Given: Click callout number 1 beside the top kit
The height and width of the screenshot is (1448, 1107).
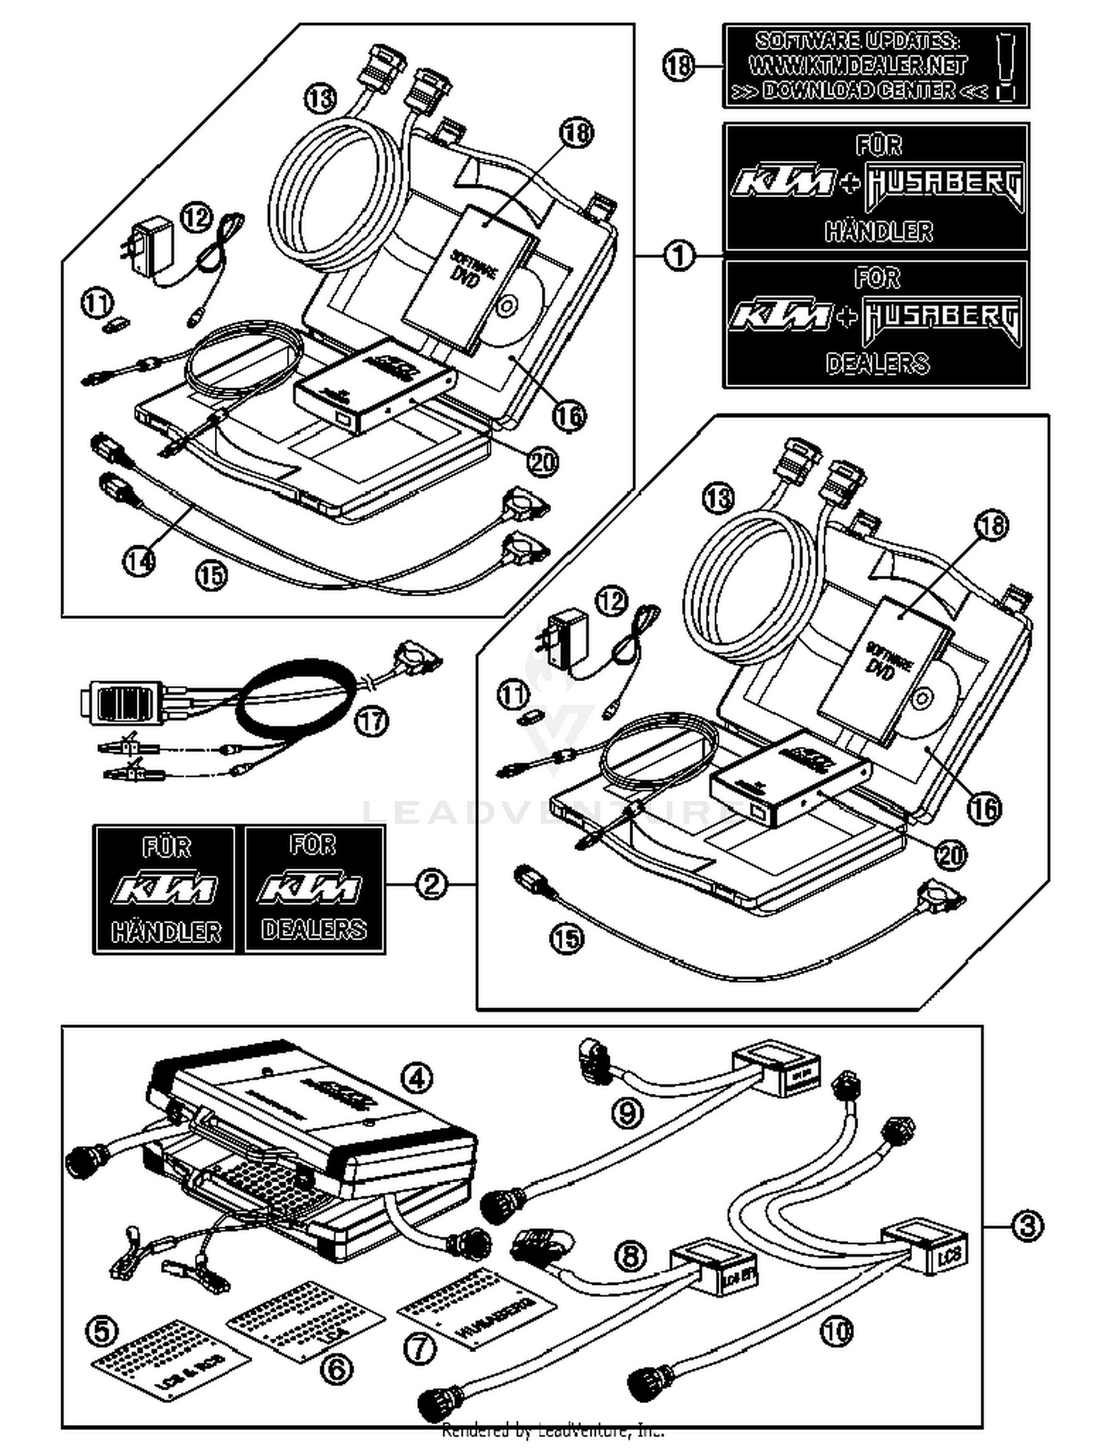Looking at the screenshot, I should click(x=679, y=256).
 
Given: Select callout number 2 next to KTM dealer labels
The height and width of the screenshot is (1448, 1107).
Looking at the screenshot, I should click(x=431, y=883).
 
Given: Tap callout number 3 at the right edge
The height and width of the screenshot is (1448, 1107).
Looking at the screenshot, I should click(x=1027, y=1226).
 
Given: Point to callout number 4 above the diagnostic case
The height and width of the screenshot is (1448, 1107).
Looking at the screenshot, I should click(x=417, y=1078).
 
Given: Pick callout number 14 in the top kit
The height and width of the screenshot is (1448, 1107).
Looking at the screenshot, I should click(x=139, y=561).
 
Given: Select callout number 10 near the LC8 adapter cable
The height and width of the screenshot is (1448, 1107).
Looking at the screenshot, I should click(x=836, y=1331).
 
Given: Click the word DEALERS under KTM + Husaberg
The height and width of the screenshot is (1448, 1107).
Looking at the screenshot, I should click(x=877, y=363).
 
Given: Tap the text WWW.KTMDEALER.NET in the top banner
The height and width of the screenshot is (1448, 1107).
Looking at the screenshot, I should click(x=858, y=66).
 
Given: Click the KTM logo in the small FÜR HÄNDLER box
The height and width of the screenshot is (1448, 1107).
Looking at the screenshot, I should click(x=165, y=888).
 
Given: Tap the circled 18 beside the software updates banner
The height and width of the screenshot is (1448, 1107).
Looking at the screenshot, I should click(x=678, y=66).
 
